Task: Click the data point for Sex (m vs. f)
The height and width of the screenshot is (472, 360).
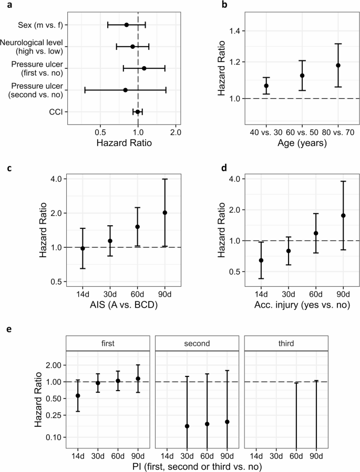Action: (126, 25)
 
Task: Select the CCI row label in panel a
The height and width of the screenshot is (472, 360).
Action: (57, 112)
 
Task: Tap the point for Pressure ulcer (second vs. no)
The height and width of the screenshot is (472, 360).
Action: (125, 90)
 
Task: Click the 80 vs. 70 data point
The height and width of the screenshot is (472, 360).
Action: (338, 66)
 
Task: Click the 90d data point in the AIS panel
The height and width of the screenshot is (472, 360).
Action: (164, 213)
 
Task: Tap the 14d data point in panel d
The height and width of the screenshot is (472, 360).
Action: (261, 260)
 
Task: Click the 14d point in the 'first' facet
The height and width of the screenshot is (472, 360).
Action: (78, 396)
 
